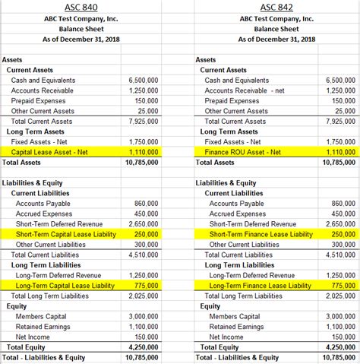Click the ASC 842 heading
(276, 6)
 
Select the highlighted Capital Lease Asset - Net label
(50, 152)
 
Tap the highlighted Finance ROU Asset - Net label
(243, 152)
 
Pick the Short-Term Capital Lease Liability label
(65, 234)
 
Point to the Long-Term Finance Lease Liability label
(261, 286)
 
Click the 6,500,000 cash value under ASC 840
(144, 80)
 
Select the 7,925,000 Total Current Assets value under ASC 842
(339, 121)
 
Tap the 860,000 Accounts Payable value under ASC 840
(146, 204)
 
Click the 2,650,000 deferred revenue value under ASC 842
(339, 224)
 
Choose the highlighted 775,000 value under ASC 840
(146, 286)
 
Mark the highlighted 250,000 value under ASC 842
(343, 234)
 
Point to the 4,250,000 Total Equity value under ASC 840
(144, 347)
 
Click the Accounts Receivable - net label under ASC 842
(243, 90)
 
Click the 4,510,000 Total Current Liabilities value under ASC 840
(144, 255)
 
